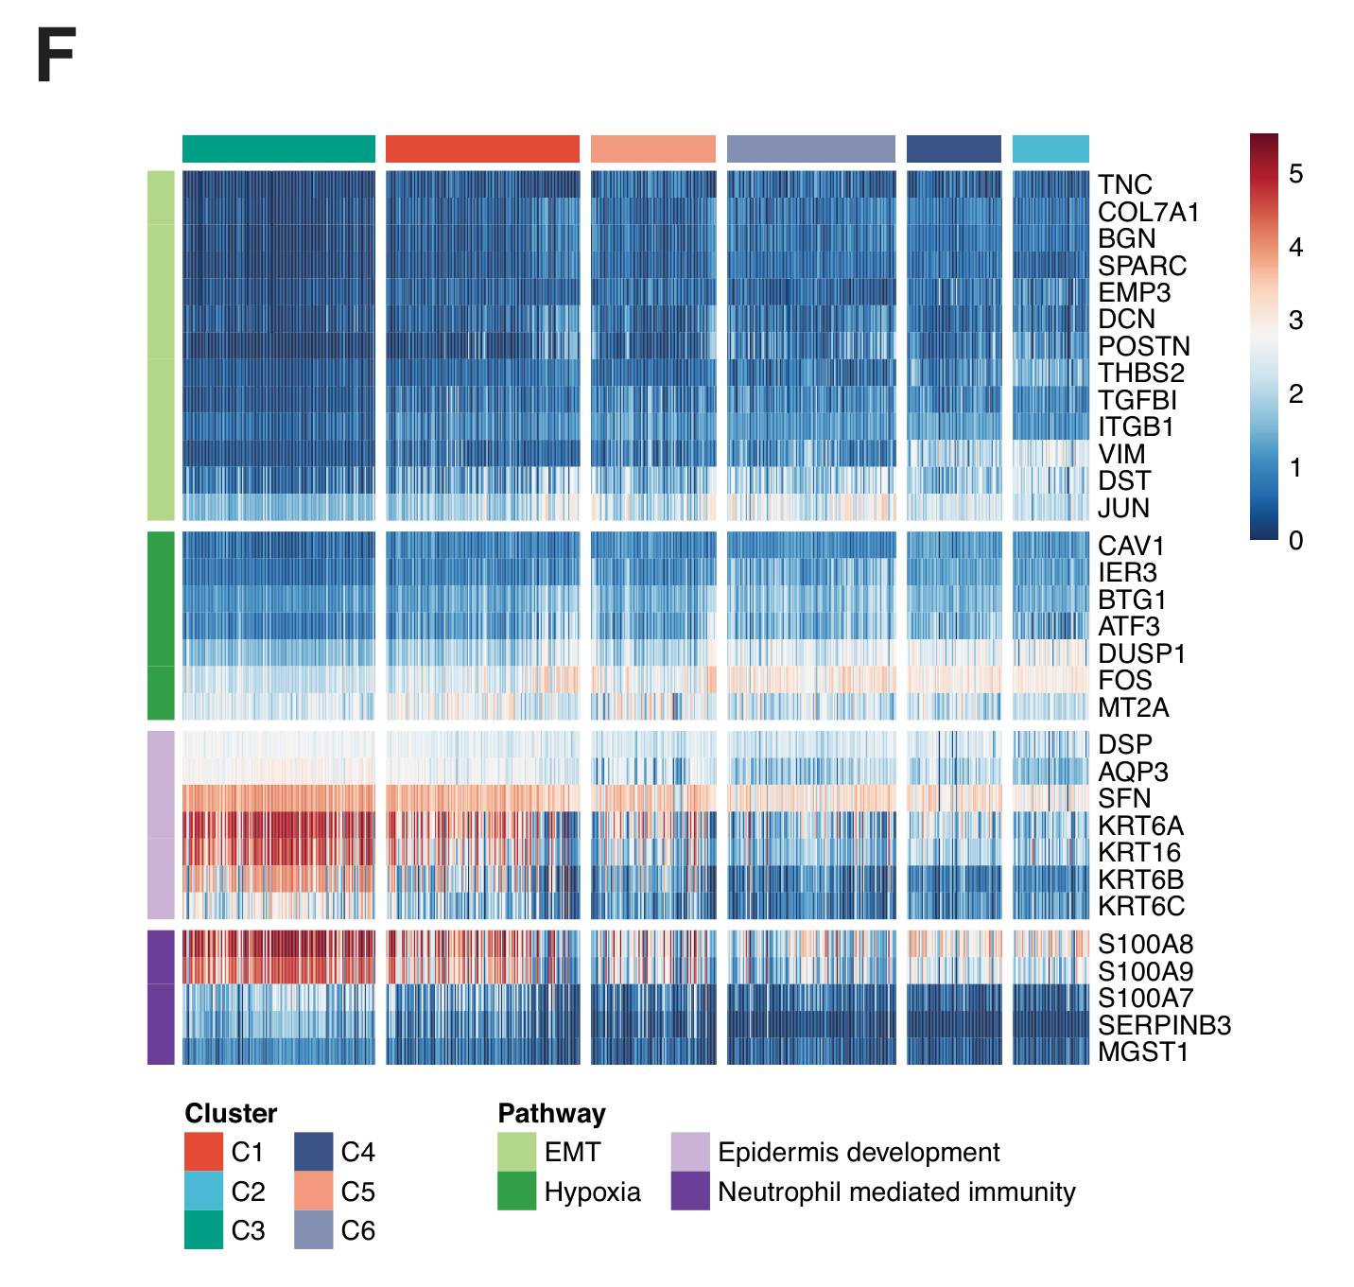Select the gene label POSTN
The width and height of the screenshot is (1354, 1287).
tap(1143, 346)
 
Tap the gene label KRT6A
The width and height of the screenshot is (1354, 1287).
tap(1140, 826)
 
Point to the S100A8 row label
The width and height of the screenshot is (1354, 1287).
tap(1145, 944)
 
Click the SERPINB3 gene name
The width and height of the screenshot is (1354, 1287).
tap(1164, 1025)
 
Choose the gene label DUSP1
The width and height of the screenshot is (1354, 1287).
tap(1141, 653)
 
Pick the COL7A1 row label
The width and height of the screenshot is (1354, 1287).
tap(1148, 212)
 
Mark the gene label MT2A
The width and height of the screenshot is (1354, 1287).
tap(1133, 707)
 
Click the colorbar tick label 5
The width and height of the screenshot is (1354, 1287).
tap(1295, 174)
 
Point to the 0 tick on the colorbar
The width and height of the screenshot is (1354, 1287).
tap(1295, 541)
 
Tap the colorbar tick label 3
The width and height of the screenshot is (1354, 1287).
tap(1295, 321)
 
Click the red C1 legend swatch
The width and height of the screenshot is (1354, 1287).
tap(203, 1152)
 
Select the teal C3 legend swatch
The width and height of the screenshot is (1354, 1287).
tap(203, 1230)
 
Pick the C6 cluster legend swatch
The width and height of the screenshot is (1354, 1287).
tap(313, 1230)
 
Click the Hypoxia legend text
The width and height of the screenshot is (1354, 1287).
tap(592, 1191)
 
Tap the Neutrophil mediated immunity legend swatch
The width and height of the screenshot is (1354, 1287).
tap(690, 1191)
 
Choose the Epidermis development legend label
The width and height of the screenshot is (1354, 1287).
tap(859, 1152)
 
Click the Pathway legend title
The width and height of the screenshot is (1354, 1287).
tap(551, 1113)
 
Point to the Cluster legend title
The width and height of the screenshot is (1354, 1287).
tap(231, 1113)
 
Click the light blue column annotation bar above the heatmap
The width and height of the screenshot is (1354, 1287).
tap(1050, 148)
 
